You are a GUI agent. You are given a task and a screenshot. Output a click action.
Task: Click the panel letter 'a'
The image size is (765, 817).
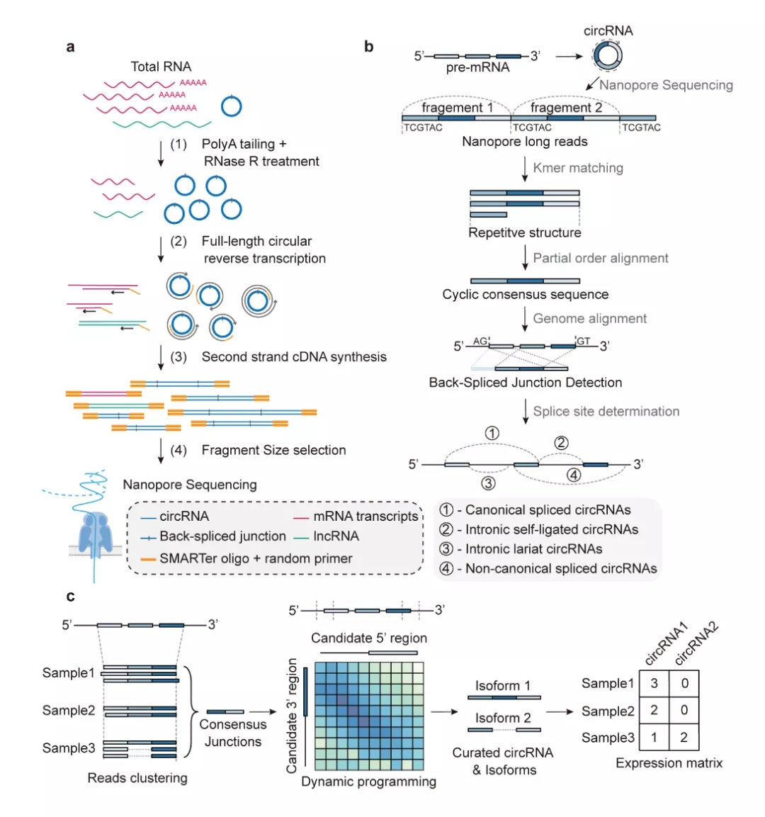click(70, 47)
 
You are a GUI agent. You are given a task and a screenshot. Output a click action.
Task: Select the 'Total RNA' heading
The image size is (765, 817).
click(161, 67)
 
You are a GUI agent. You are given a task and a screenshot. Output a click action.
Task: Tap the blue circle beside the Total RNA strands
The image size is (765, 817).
click(231, 106)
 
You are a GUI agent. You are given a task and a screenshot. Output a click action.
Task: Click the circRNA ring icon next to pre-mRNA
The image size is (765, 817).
click(608, 55)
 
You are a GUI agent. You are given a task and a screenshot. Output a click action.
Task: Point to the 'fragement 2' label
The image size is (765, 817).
click(566, 107)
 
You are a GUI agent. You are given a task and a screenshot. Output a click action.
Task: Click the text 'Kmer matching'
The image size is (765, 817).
click(578, 168)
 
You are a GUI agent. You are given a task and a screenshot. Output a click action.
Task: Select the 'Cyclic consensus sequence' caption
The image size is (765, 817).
click(526, 294)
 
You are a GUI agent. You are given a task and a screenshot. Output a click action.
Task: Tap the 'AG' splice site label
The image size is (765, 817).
click(480, 341)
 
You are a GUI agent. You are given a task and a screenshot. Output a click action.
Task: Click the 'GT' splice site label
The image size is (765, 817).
click(583, 341)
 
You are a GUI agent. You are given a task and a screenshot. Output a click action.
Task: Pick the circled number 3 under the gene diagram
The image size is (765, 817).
click(488, 483)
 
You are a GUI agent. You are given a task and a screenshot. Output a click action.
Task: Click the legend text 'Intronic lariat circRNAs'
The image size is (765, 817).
click(534, 548)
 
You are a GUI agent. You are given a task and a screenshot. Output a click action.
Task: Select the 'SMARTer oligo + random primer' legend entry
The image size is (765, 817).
click(256, 558)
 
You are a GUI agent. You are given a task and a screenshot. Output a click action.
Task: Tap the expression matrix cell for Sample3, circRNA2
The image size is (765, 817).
click(684, 737)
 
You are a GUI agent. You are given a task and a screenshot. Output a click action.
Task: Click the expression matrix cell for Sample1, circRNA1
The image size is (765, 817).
click(654, 683)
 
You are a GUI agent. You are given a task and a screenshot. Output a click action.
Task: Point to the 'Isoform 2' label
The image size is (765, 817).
click(503, 718)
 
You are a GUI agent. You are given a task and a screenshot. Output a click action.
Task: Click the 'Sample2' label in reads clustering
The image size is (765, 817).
click(69, 710)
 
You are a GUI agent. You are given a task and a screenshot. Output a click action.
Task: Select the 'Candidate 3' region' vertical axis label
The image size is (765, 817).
click(292, 716)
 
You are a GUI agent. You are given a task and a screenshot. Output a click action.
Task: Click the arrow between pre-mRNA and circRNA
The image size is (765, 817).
click(569, 56)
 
